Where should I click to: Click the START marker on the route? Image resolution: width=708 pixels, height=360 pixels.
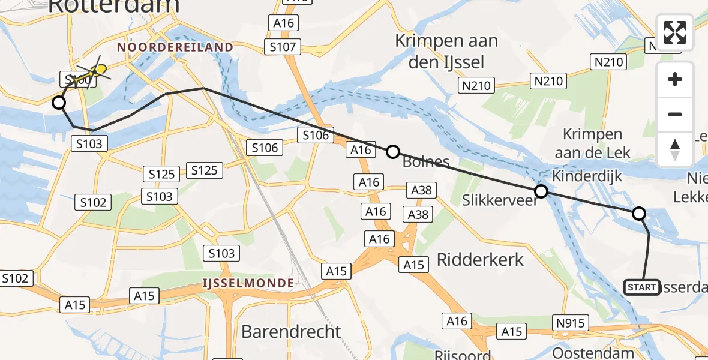(642, 287)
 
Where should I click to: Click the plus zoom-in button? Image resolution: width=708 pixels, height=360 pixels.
(675, 80)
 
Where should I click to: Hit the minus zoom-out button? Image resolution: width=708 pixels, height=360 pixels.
(675, 114)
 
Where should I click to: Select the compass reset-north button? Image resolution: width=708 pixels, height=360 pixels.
(675, 149)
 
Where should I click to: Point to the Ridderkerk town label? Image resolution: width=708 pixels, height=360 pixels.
(481, 259)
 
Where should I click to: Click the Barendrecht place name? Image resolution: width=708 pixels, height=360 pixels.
(291, 331)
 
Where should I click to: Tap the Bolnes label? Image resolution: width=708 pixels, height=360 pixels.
(426, 161)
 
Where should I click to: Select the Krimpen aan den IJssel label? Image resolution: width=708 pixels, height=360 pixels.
(447, 51)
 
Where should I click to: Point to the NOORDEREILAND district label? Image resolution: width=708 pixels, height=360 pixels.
(175, 47)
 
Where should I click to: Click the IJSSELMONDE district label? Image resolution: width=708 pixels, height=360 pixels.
(248, 283)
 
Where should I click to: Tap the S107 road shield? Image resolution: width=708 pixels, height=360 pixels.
(283, 47)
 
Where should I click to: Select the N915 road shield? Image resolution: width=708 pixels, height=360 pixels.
(570, 323)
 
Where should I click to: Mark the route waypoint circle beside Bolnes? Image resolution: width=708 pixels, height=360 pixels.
(392, 152)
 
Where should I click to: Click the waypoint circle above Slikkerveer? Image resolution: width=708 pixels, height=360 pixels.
(541, 191)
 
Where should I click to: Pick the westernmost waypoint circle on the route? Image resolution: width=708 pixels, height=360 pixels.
(59, 103)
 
